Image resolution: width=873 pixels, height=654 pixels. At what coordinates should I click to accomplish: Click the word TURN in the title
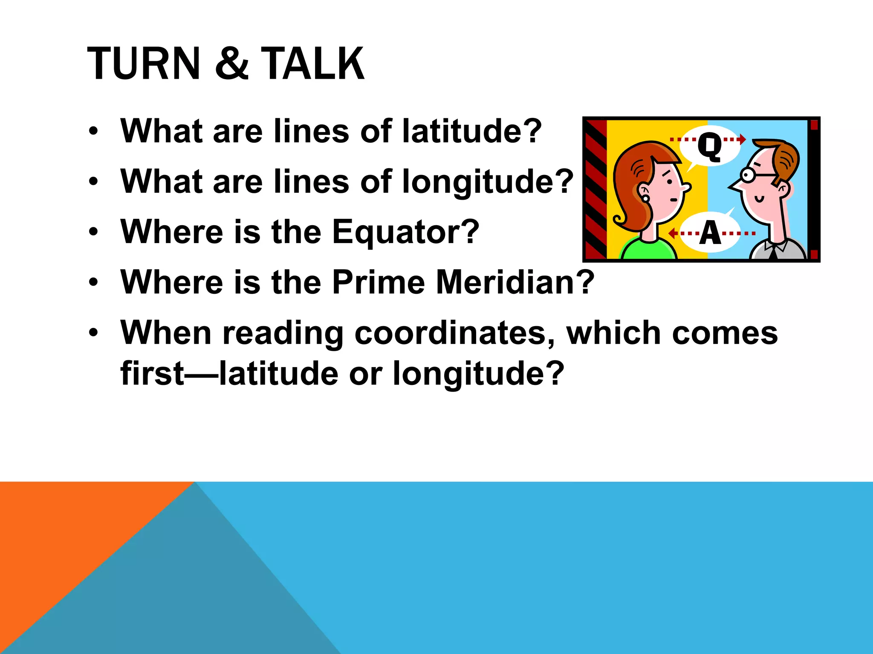[143, 64]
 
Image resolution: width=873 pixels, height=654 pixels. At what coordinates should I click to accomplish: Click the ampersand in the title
[231, 64]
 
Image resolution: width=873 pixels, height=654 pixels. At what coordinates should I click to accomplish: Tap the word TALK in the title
[312, 64]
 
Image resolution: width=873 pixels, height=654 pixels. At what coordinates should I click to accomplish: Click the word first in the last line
[152, 373]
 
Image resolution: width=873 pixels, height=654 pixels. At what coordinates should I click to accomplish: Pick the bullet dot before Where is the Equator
[94, 232]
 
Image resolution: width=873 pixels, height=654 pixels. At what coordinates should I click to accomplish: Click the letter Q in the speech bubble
[709, 146]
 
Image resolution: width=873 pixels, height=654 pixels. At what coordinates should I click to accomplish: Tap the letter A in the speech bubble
[710, 233]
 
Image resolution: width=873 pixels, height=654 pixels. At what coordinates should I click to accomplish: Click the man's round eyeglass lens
[747, 175]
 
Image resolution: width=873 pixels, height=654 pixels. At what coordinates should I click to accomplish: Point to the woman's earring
[645, 198]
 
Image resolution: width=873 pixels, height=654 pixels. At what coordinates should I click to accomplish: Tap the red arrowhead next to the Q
[743, 139]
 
